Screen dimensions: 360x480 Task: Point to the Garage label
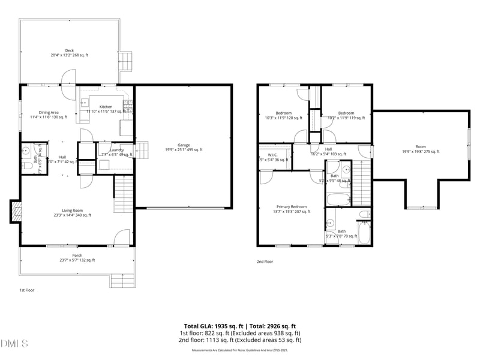[x=184, y=147]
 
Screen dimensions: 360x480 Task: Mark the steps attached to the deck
[x=126, y=59]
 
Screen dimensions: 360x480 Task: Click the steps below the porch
[x=122, y=280]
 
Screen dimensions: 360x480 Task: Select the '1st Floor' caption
[x=26, y=290]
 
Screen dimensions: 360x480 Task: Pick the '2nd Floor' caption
[x=265, y=262]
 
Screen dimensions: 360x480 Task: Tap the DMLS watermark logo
[x=14, y=344]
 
